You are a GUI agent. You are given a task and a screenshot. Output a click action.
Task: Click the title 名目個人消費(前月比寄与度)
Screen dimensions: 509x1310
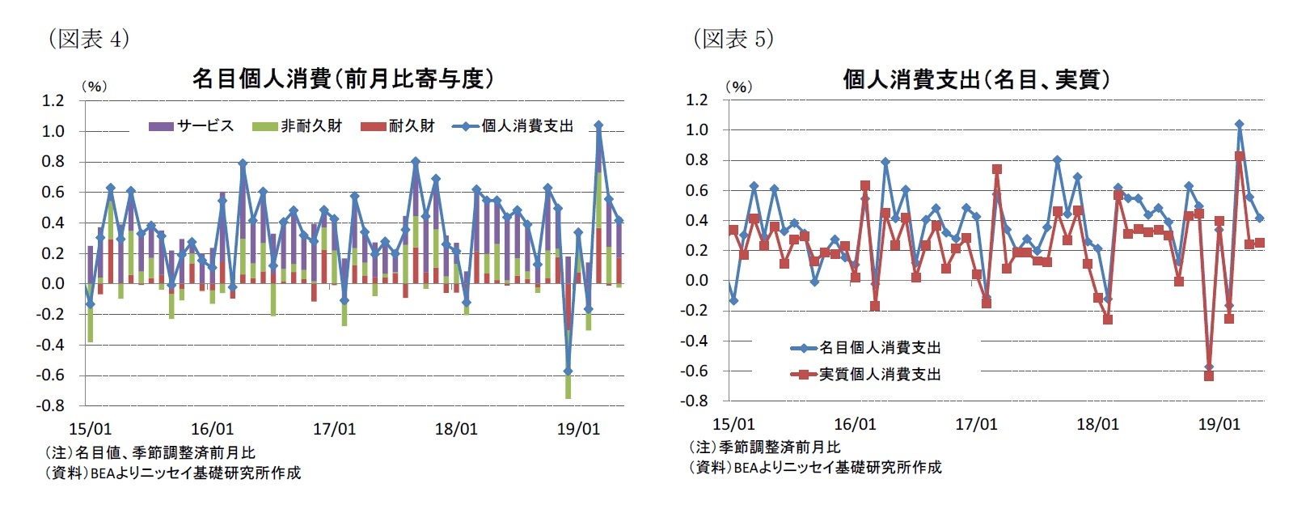coord(342,78)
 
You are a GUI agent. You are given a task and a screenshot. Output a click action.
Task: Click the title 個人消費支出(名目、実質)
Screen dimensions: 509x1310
coord(976,78)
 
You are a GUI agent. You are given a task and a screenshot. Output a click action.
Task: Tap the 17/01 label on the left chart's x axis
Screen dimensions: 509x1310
coord(334,430)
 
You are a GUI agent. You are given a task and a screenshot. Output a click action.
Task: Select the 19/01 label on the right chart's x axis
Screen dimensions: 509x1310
coord(1219,425)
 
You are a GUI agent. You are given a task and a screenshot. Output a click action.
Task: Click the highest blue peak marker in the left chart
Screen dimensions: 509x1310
coord(598,125)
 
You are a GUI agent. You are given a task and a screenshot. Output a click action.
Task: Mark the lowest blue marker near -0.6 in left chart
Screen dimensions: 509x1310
coord(568,371)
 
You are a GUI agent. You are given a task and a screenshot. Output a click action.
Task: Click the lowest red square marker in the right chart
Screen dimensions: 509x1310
coord(1209,376)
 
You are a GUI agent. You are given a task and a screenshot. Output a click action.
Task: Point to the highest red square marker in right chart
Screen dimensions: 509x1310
coord(1239,156)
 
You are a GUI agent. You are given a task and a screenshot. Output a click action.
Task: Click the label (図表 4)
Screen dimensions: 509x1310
coord(88,38)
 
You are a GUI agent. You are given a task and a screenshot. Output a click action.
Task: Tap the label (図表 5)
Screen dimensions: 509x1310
coord(733,38)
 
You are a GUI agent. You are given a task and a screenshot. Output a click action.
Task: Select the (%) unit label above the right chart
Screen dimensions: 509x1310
coord(738,87)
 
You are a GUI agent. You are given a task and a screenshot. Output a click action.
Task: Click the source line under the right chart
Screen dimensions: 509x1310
coord(814,468)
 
